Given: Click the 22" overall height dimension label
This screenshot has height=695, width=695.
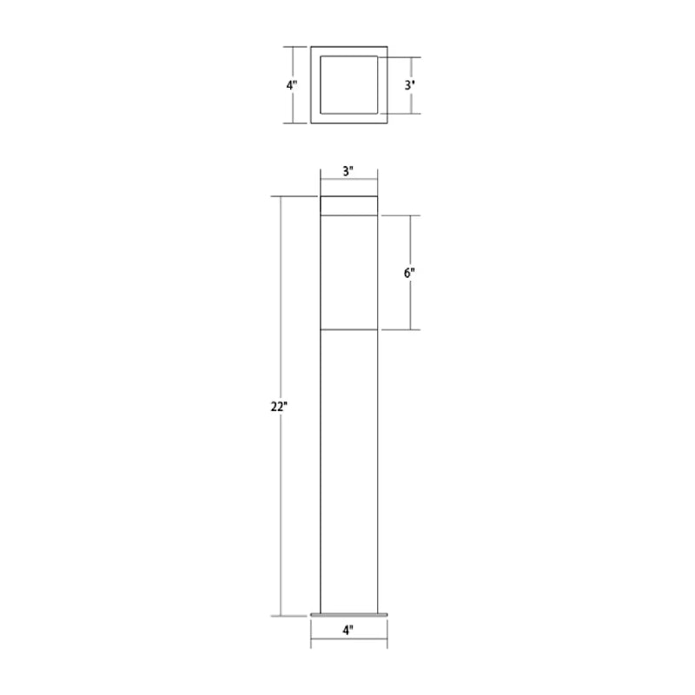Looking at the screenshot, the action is (279, 407).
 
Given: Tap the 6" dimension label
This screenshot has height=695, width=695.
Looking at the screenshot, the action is (409, 273).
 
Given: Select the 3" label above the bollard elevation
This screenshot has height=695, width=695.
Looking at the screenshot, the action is (348, 171).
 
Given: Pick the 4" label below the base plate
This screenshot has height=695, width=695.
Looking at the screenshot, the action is (348, 630).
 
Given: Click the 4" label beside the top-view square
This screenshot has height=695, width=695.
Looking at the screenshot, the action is (291, 84).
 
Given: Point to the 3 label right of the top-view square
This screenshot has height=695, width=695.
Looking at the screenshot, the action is (409, 84).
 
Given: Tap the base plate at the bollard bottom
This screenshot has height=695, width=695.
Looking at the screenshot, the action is (349, 615).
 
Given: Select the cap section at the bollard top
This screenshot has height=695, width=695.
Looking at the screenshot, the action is (349, 206).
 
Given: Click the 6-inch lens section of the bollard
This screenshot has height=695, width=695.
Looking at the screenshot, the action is (349, 273).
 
